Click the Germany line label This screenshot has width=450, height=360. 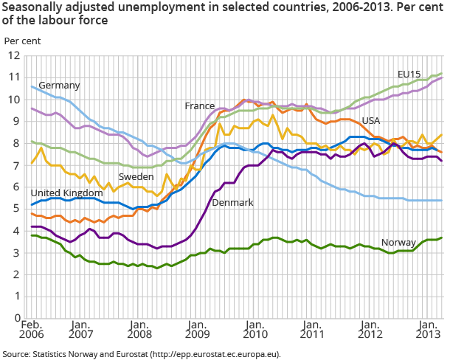tap(59, 86)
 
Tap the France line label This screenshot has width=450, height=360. tap(201, 106)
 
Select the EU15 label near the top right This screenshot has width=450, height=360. tap(409, 75)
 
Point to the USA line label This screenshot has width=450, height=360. tap(371, 120)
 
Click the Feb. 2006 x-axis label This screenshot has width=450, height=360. tap(31, 330)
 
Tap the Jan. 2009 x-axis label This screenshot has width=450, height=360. tap(196, 330)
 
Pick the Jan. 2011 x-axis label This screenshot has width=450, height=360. tap(312, 330)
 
